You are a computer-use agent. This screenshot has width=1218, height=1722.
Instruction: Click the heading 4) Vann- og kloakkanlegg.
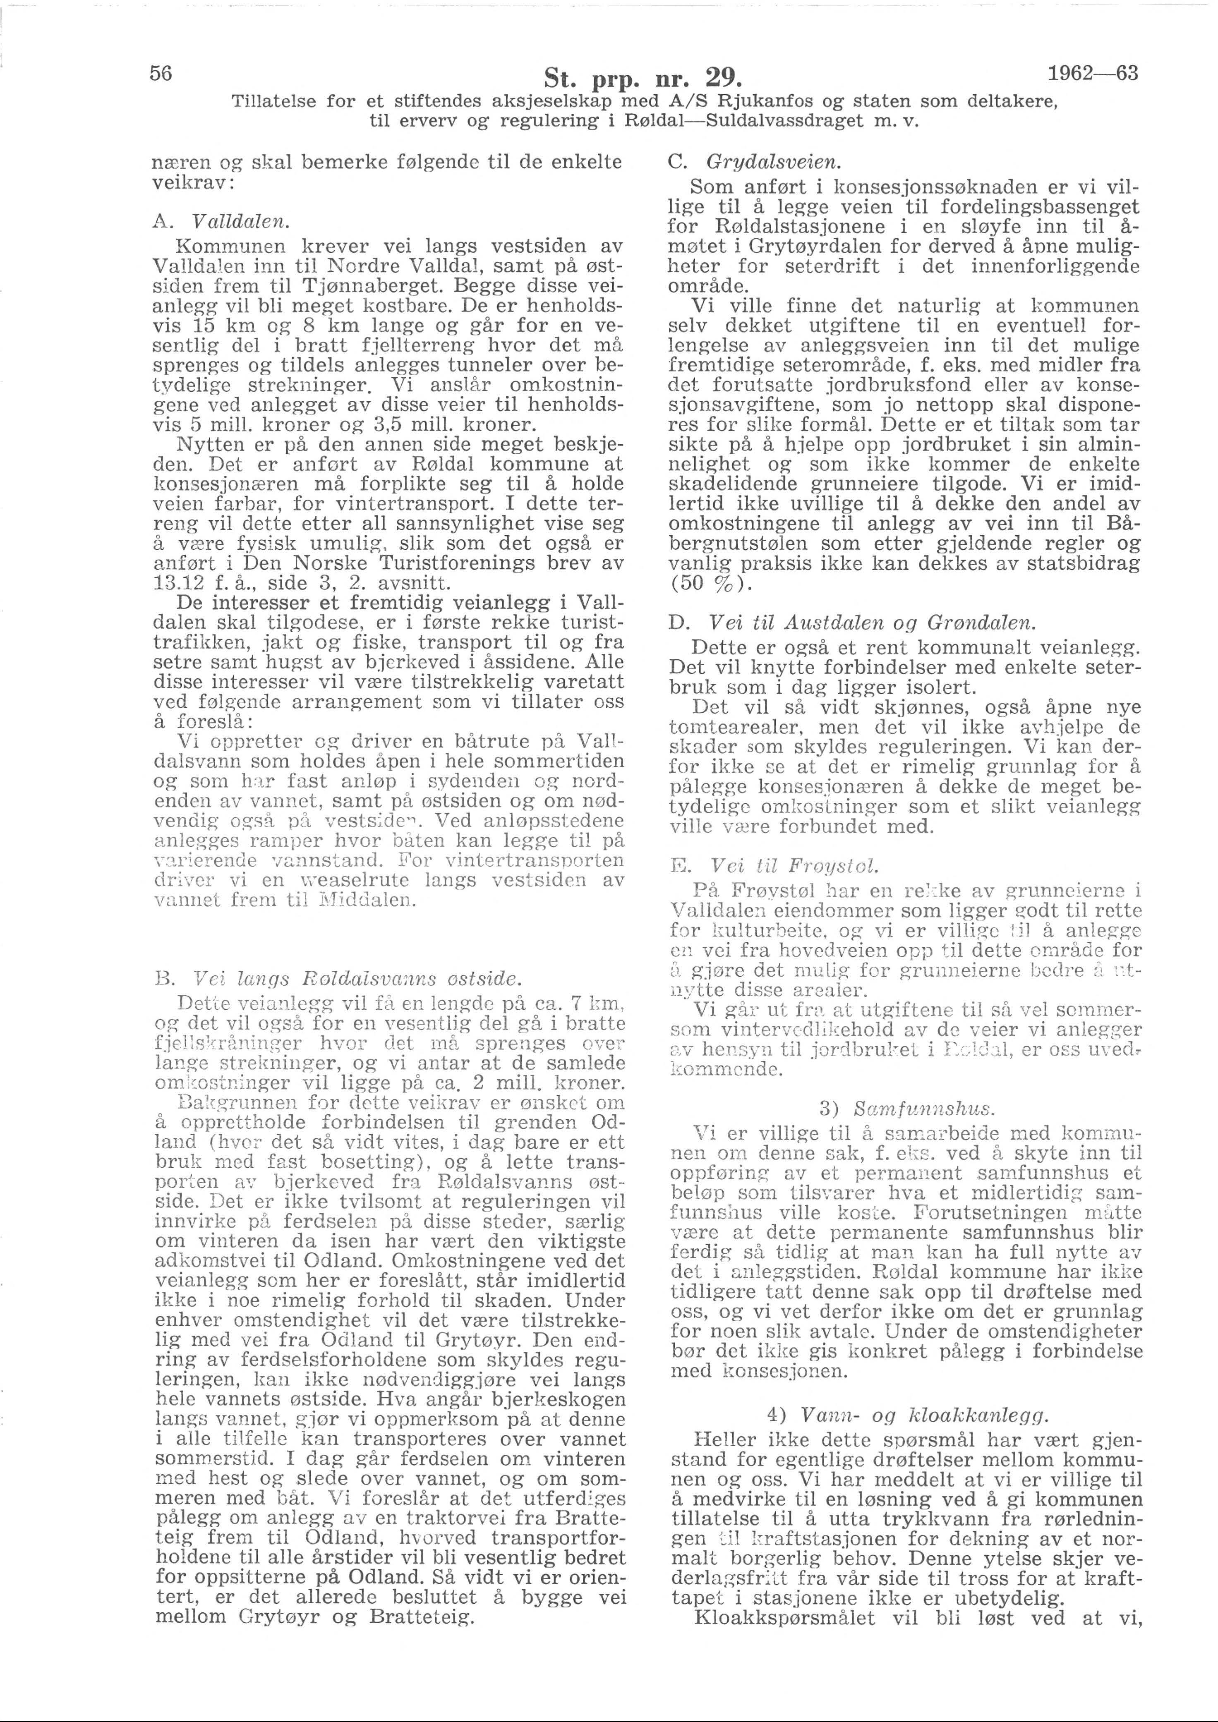pyautogui.click(x=906, y=1416)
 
